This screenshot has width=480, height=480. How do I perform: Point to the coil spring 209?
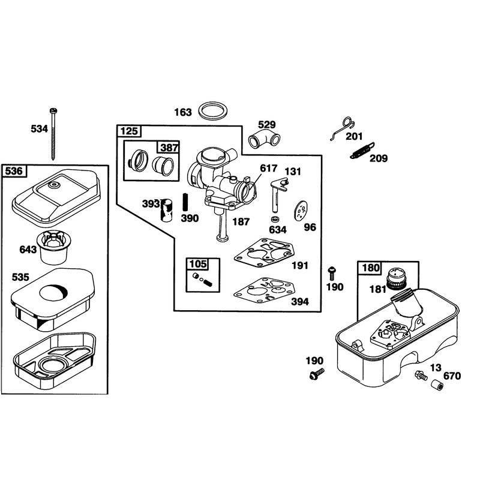[362, 151]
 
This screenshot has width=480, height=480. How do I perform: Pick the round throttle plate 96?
[301, 211]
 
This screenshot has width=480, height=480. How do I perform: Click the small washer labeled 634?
[275, 219]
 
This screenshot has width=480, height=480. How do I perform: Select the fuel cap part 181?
[396, 278]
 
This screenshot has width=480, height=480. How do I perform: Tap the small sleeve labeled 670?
[437, 385]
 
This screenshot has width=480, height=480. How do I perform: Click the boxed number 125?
[129, 131]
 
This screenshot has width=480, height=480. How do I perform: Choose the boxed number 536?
[14, 171]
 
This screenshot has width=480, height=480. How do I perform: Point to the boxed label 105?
[198, 264]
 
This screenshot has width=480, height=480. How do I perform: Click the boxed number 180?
[370, 268]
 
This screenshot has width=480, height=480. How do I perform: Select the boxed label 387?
[169, 148]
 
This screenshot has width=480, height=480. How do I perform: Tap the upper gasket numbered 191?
[263, 251]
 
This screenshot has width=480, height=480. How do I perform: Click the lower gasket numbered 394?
[263, 290]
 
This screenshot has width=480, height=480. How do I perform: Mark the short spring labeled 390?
[185, 202]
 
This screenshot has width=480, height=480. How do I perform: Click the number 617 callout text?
[268, 168]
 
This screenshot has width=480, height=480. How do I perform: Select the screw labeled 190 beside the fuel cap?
[332, 273]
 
